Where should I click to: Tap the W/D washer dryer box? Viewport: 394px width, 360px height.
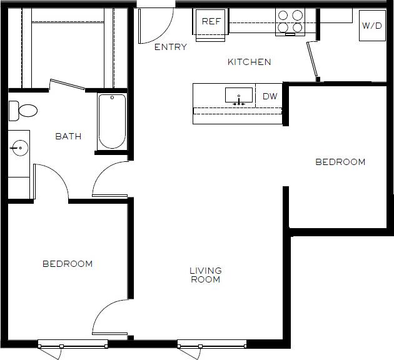point(372,26)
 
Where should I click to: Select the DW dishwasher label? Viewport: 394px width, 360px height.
point(270,96)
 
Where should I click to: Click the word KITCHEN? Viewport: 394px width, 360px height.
point(249,62)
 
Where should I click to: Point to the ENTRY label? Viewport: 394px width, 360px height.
point(170,47)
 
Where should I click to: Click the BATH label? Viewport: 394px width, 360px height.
point(68,136)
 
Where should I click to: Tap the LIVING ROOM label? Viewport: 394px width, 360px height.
point(206,275)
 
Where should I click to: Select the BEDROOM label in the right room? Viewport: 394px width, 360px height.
point(340,162)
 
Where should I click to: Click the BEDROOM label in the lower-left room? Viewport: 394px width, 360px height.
point(68,264)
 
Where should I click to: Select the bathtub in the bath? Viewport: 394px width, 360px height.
point(113,122)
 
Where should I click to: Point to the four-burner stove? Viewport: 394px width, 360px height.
point(290,22)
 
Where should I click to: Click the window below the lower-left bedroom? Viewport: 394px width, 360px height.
point(73,344)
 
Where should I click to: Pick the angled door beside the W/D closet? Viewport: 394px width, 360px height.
point(313,61)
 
